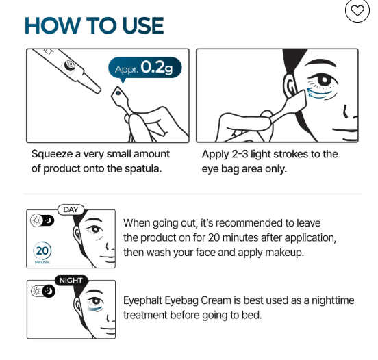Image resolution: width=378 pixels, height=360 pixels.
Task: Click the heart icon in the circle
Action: click(357, 10)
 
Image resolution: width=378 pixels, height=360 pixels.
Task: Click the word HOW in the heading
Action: click(53, 25)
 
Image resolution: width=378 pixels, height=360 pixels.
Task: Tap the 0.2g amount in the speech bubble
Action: click(157, 67)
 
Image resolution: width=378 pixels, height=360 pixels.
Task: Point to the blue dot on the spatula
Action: click(118, 93)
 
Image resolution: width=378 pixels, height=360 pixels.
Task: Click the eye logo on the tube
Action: click(70, 65)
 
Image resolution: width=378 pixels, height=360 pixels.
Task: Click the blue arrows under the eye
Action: click(319, 94)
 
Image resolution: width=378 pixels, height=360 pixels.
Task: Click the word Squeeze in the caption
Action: click(52, 154)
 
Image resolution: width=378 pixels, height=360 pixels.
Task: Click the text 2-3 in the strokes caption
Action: click(240, 154)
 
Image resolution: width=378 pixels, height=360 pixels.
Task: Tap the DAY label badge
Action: click(71, 209)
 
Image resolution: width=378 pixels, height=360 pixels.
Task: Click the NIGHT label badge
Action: click(71, 281)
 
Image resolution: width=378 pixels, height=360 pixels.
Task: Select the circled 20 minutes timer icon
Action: click(42, 251)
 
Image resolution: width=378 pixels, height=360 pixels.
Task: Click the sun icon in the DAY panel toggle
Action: click(37, 220)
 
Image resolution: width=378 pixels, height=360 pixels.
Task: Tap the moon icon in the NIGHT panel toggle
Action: click(49, 291)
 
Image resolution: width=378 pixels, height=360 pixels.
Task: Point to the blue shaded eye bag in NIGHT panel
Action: click(95, 309)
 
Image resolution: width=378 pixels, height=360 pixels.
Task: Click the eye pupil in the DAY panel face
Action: click(96, 229)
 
